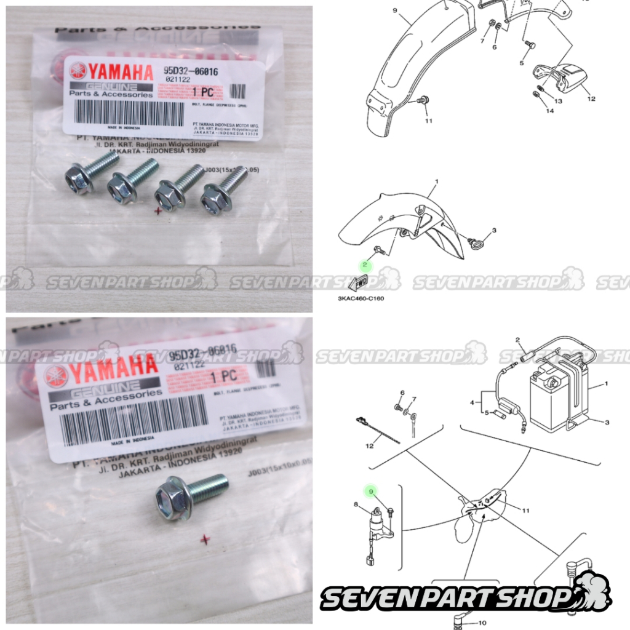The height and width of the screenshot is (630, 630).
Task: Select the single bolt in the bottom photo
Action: [x=190, y=496]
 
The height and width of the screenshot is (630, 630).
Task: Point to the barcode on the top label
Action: [x=129, y=113]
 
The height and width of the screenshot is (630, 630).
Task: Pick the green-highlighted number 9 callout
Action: [x=370, y=491]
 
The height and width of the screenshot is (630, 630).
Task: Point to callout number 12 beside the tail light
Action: [x=592, y=98]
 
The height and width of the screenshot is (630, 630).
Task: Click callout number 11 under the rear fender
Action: [x=428, y=121]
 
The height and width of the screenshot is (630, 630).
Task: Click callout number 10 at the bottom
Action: [x=482, y=623]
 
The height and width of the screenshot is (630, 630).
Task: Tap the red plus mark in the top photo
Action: [x=159, y=210]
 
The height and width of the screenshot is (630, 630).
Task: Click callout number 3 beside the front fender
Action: [x=493, y=230]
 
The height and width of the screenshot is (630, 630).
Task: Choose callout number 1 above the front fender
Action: [x=436, y=183]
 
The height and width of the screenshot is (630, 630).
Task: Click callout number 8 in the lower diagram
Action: [x=355, y=504]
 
